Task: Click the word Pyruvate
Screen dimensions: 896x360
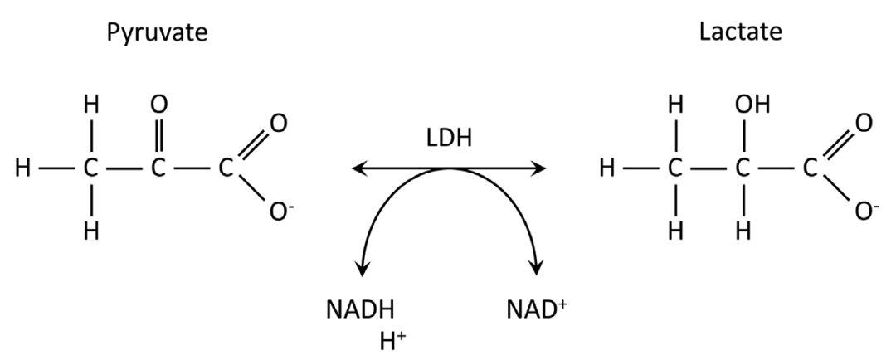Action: [x=156, y=34]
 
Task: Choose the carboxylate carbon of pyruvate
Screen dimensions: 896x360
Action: [x=226, y=169]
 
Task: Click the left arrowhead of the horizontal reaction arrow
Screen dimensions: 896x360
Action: [x=358, y=169]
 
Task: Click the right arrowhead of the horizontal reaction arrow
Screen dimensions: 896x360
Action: [x=540, y=169]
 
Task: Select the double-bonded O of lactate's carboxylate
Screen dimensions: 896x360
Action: [x=864, y=124]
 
